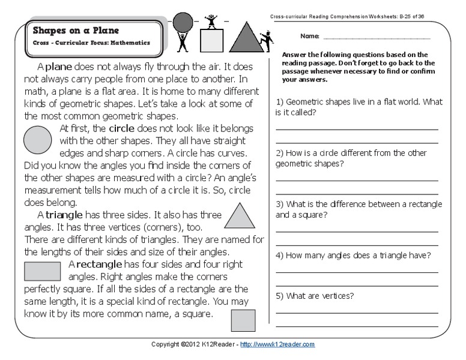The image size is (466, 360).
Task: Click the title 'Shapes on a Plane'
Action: [75, 31]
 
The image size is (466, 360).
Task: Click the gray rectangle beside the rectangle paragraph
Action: [42, 271]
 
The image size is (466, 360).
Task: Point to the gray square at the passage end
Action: [243, 321]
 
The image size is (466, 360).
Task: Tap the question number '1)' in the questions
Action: [279, 102]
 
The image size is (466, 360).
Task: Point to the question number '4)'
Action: [279, 255]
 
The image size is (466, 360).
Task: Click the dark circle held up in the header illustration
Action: [183, 22]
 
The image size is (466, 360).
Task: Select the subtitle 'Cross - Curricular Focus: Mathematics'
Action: [91, 43]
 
